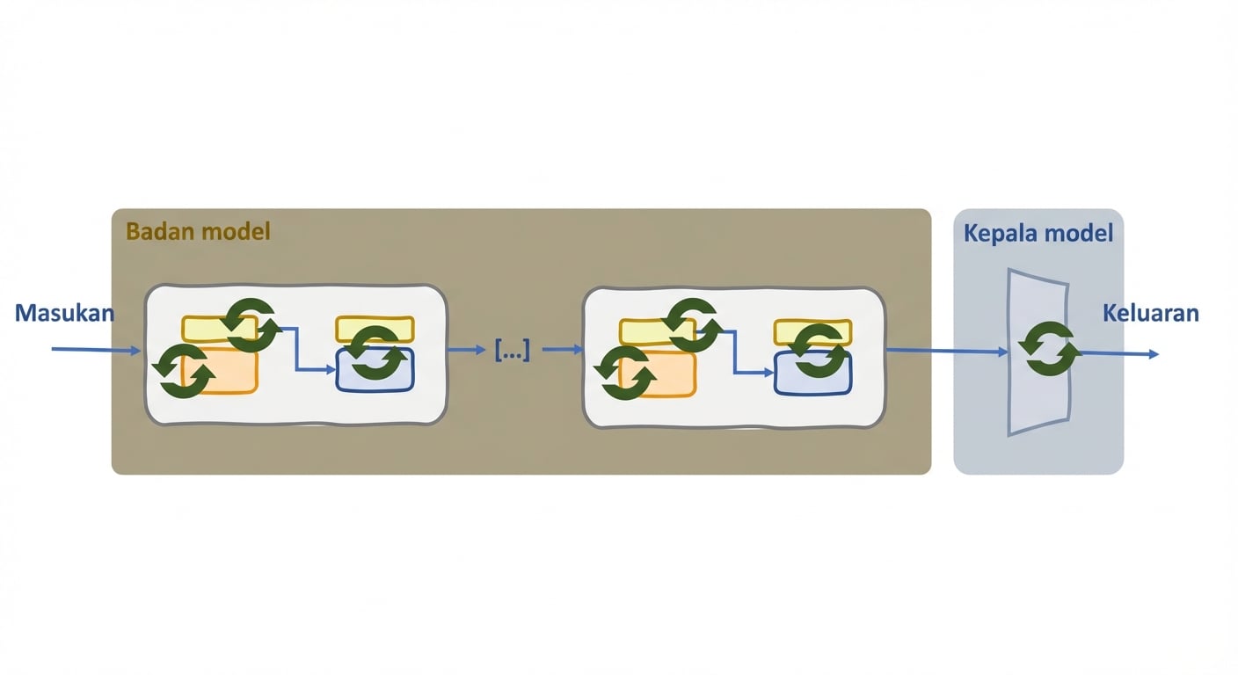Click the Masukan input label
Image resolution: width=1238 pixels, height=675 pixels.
click(x=65, y=313)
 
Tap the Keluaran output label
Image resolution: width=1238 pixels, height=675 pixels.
click(x=1151, y=313)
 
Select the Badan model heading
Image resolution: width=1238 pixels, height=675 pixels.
click(x=198, y=231)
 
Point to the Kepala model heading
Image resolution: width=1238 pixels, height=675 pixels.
click(x=1038, y=233)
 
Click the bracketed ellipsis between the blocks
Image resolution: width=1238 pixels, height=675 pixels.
click(x=513, y=350)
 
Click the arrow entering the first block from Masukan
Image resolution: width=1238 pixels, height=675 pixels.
click(x=96, y=350)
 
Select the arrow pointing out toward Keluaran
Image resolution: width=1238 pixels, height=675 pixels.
click(x=1118, y=353)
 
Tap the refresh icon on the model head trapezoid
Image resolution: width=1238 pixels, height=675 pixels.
click(x=1050, y=349)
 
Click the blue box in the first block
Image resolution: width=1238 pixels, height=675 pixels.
click(x=375, y=369)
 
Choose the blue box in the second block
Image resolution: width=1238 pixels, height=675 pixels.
click(x=813, y=373)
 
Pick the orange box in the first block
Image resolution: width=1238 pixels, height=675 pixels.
click(x=221, y=371)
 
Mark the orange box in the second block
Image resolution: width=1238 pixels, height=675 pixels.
click(x=657, y=374)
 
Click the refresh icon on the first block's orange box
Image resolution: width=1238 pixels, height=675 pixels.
click(x=184, y=371)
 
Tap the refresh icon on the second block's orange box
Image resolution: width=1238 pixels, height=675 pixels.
click(x=625, y=373)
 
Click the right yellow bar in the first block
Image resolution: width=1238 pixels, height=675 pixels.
click(x=375, y=330)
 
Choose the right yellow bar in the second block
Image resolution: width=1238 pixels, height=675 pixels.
click(x=813, y=332)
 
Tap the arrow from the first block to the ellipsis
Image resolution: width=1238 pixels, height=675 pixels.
click(x=467, y=350)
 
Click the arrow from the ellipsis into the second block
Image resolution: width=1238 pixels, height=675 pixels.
click(x=563, y=349)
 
